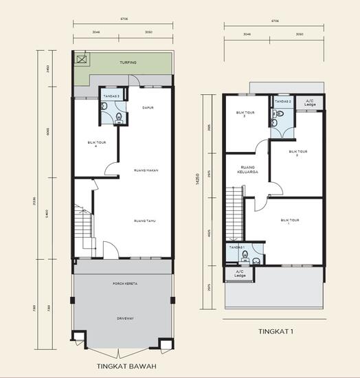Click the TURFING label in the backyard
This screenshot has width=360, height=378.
128,63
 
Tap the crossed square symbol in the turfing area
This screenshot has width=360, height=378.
82,60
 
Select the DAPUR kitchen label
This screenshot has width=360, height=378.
147,107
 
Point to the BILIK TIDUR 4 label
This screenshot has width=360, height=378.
95,144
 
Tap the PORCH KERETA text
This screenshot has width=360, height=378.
123,283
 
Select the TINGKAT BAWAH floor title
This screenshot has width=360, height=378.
124,364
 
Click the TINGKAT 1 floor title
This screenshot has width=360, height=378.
275,331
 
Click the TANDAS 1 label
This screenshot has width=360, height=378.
238,247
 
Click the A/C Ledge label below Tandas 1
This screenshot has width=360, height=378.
240,274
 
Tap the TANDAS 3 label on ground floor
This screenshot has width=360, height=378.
111,97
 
